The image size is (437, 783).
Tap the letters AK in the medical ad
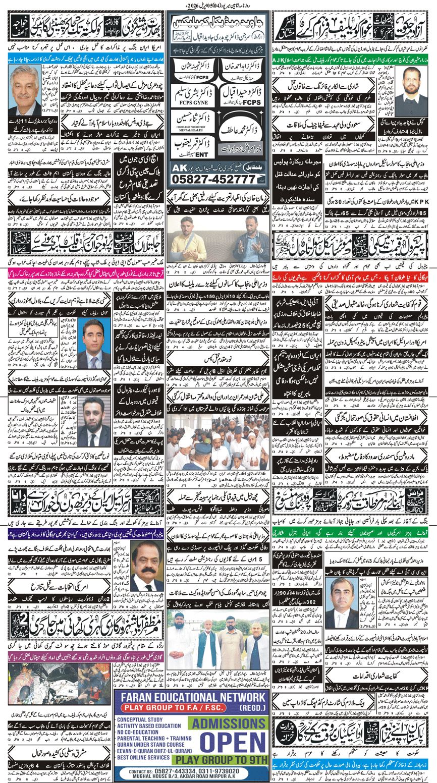(178, 166)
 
